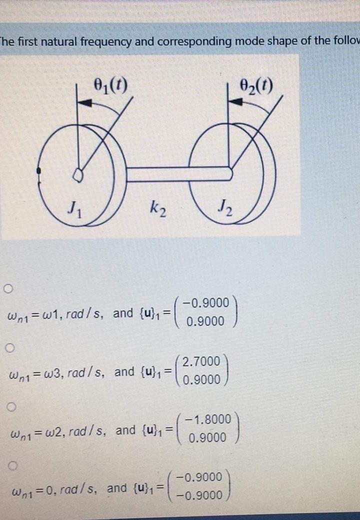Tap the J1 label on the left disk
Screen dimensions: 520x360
coord(74,205)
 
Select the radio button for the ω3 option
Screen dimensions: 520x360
coord(8,347)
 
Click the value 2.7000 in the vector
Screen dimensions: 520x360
coord(201,361)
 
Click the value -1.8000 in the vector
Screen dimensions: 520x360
coord(207,419)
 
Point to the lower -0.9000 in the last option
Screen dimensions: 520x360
coord(200,495)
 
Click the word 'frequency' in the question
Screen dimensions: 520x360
coord(104,41)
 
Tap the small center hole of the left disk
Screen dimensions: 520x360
coord(77,174)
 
